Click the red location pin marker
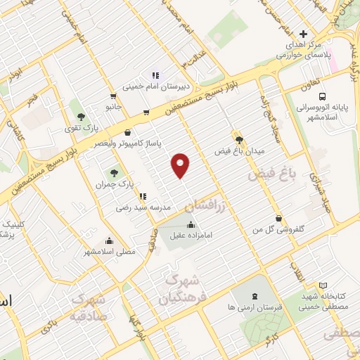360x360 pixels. click(x=181, y=166)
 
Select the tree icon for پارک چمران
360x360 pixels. click(x=113, y=172)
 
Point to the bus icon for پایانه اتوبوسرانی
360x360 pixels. click(x=321, y=96)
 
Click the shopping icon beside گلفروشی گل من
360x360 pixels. click(x=280, y=219)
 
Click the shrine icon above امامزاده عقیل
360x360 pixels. click(x=192, y=225)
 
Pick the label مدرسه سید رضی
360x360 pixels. click(x=144, y=208)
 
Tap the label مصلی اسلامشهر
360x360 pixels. click(x=110, y=251)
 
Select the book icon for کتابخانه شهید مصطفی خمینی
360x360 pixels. click(x=323, y=285)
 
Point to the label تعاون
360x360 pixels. click(x=295, y=84)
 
